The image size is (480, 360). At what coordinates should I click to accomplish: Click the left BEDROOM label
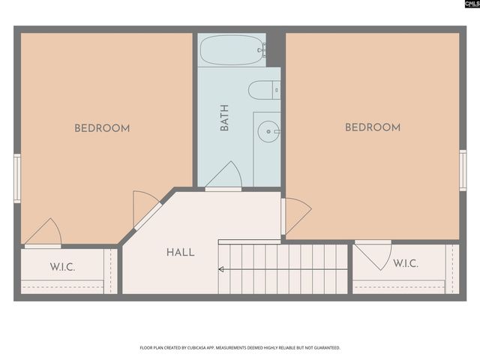[102, 128]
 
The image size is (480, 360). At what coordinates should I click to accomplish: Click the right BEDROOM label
[373, 127]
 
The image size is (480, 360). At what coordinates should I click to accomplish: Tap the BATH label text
[224, 118]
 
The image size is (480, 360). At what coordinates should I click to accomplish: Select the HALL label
[181, 253]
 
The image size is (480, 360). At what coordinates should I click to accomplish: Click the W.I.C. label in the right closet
[406, 264]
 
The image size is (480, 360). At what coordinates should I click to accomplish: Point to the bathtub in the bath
[231, 50]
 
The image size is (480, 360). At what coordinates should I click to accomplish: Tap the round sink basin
[267, 132]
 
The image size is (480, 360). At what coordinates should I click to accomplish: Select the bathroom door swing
[225, 177]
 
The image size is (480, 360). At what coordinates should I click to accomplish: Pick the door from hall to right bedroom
[295, 214]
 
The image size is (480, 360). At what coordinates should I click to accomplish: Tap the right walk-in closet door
[373, 253]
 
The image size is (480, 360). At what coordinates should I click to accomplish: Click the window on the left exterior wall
[17, 178]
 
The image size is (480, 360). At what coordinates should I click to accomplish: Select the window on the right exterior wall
[463, 170]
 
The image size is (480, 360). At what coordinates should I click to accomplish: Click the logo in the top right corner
[470, 5]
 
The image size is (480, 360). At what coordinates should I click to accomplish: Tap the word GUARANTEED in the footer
[325, 348]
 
